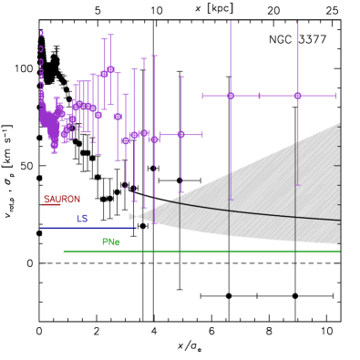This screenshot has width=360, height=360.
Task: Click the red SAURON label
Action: pos(62,199)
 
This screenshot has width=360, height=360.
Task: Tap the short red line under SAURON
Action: pos(51,205)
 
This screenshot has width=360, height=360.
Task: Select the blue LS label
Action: pos(82,219)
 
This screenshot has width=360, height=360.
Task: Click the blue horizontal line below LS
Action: pos(87,228)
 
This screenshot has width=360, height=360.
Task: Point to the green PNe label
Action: pos(110,242)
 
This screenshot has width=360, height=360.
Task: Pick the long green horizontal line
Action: pos(201,252)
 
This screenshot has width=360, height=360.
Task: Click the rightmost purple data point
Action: pos(297,96)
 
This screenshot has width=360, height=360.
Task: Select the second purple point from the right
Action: pos(231,96)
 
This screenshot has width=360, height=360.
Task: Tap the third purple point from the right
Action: pos(180,134)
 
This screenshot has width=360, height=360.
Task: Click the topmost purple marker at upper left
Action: pos(41,33)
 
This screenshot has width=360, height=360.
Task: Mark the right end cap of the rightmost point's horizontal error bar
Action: pos(335,96)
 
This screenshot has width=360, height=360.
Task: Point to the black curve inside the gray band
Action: pos(273,216)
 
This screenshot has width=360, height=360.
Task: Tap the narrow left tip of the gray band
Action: pos(131,216)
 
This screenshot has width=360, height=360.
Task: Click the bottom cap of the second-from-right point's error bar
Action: pos(231,199)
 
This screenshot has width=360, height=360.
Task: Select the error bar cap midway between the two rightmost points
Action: pos(260,96)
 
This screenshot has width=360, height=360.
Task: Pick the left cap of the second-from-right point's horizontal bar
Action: pos(202,96)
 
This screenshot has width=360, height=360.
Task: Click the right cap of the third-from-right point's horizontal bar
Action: pos(201,134)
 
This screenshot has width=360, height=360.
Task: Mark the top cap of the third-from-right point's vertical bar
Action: pos(180,77)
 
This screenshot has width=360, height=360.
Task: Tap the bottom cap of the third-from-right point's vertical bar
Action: pos(180,192)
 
